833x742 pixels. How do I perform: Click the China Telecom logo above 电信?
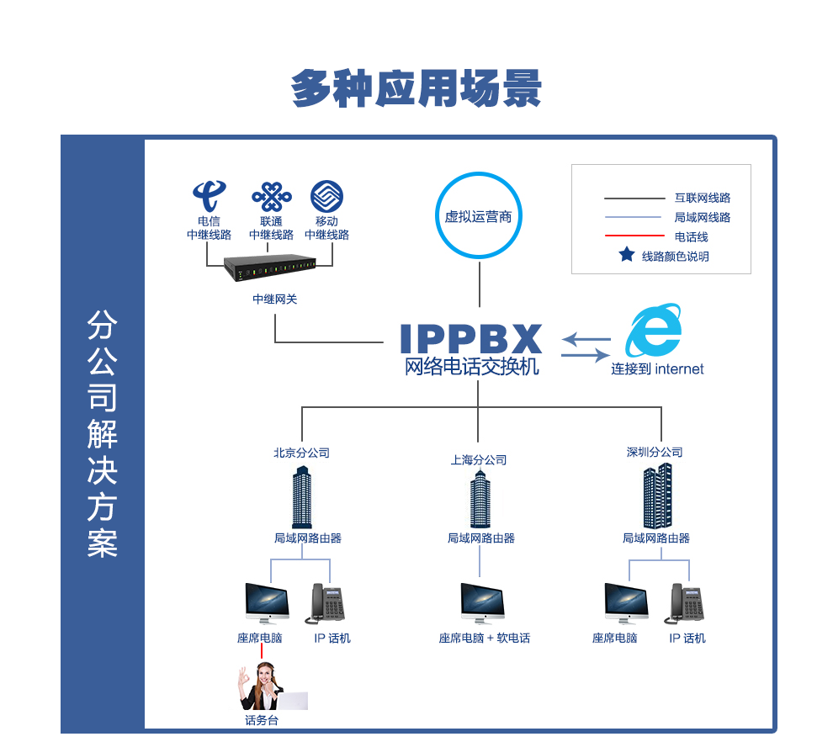(209, 196)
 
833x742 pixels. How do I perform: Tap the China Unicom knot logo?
(271, 197)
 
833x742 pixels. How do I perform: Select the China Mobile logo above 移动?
(326, 196)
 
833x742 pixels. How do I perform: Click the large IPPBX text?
(471, 338)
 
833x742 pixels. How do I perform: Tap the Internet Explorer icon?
(654, 331)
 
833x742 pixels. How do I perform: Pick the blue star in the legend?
(627, 255)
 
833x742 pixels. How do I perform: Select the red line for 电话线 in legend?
(634, 236)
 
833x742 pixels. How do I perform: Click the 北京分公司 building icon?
(302, 498)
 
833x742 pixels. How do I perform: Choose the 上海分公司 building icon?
(480, 500)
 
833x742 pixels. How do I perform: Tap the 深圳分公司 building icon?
(657, 496)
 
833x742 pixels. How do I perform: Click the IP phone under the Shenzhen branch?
(685, 604)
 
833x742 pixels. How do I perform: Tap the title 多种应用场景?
(416, 88)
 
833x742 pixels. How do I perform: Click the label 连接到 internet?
(657, 368)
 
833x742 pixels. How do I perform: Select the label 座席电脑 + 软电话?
(485, 639)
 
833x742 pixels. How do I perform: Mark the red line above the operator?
(262, 651)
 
